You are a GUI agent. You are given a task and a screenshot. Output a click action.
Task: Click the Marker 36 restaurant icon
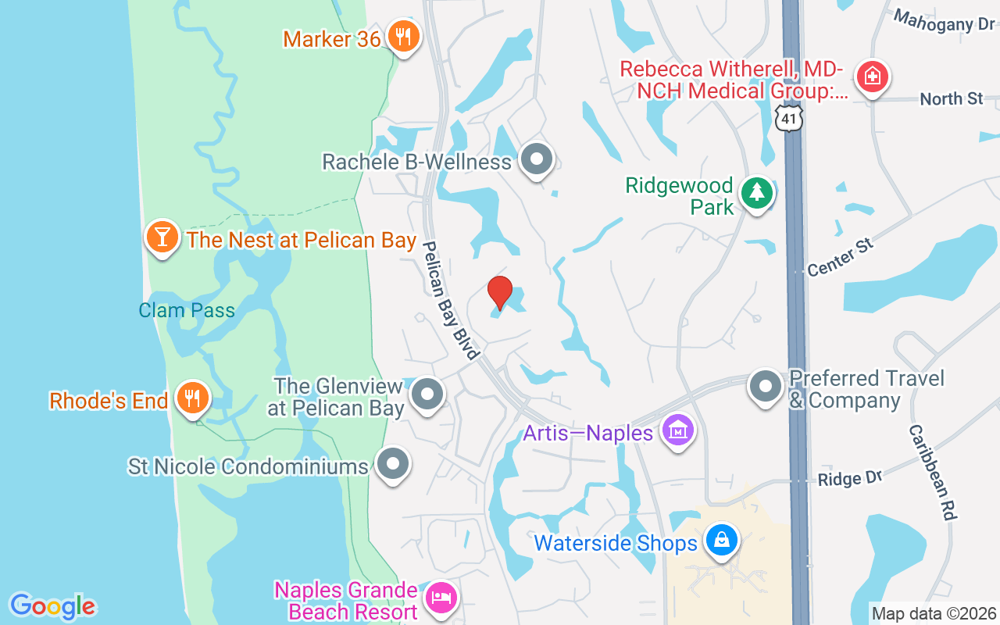click(403, 36)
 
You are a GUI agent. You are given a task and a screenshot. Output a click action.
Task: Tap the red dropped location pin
click(500, 293)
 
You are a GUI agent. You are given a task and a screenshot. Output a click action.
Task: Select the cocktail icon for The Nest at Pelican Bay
click(162, 237)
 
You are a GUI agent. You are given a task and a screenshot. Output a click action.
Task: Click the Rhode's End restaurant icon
click(191, 398)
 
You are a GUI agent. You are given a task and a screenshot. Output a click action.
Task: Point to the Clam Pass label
click(187, 310)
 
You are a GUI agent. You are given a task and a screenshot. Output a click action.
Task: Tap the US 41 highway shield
click(790, 117)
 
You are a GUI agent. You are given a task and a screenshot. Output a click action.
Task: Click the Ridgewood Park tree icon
click(755, 192)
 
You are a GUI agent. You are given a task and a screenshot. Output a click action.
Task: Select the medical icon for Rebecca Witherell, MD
click(870, 77)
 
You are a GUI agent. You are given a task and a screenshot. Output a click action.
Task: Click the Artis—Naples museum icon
click(677, 430)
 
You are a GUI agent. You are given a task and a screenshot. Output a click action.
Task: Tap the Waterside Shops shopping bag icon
click(721, 541)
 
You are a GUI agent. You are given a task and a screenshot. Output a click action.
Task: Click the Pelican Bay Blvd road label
click(451, 300)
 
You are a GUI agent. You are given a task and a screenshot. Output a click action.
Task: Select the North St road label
click(951, 99)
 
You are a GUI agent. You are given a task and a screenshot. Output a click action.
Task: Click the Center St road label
click(840, 258)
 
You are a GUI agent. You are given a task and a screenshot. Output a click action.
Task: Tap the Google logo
click(53, 605)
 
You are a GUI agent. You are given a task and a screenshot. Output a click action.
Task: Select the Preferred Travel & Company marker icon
click(766, 387)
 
